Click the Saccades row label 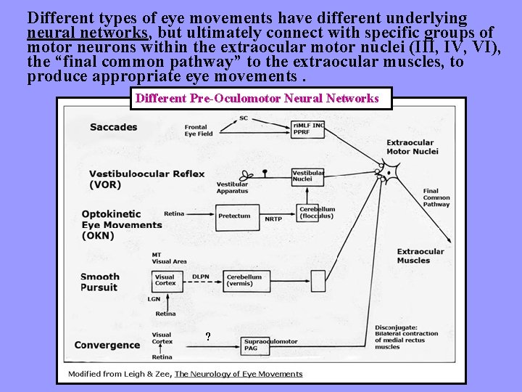coord(113,128)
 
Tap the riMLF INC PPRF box coord(308,129)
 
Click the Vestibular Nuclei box coord(308,176)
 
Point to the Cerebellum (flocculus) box coord(317,213)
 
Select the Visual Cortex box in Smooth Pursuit coord(165,281)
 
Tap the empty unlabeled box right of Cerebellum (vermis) coord(318,281)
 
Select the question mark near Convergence coord(208,337)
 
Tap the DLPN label coord(201,276)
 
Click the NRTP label coord(273,219)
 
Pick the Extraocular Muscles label coord(413,256)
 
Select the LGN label coord(154,299)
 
